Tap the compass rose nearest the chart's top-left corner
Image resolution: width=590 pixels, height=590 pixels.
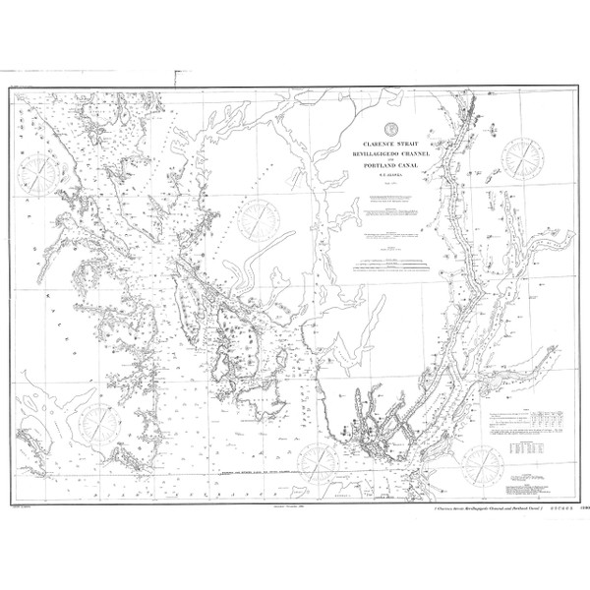coord(41,173)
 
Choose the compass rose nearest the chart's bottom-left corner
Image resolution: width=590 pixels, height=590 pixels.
coord(98,423)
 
